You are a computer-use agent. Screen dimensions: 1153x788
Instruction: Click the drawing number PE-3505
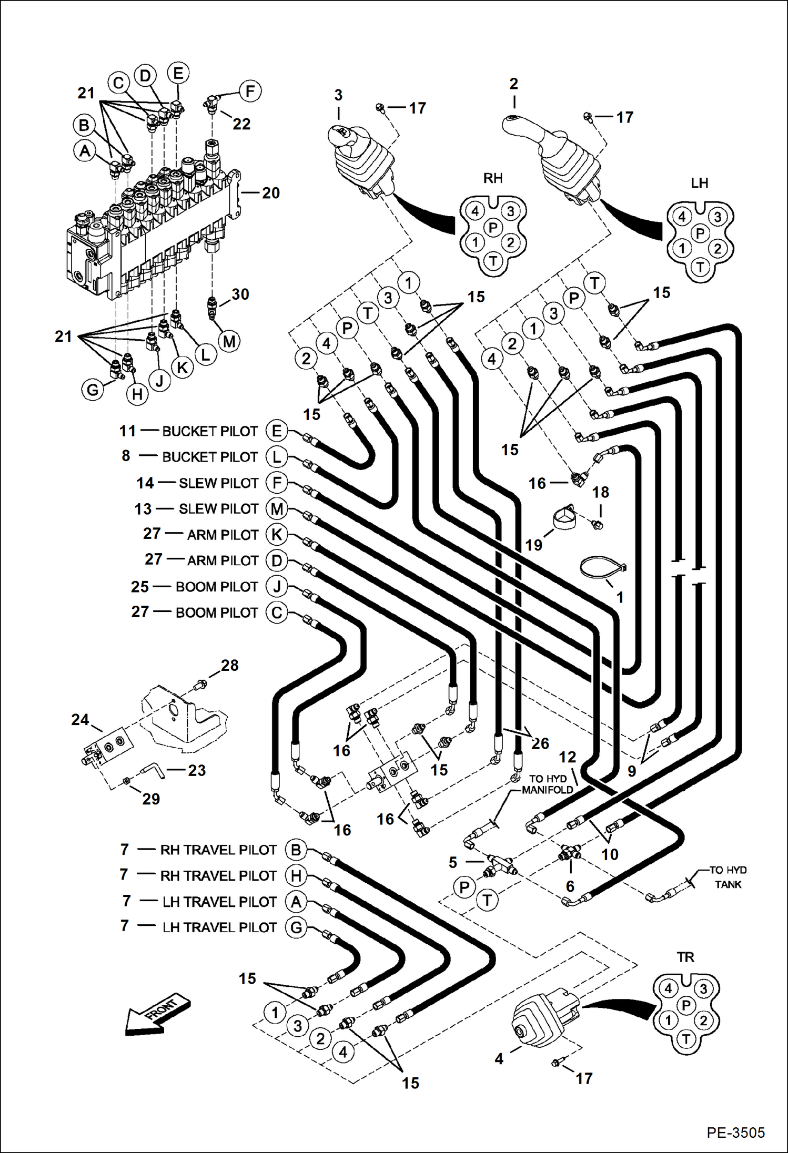(735, 1132)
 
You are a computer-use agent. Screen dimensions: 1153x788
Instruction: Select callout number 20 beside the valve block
(270, 193)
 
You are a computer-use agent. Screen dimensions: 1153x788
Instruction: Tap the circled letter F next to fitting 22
(250, 91)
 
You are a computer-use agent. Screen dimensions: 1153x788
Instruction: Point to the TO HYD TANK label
(728, 877)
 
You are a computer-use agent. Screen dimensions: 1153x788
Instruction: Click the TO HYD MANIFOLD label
(547, 784)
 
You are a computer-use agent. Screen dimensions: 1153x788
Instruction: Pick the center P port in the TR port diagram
(685, 1005)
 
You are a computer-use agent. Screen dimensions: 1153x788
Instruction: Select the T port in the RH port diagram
(493, 260)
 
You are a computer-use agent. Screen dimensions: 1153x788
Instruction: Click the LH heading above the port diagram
(699, 183)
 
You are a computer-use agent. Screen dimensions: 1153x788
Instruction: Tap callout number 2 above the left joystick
(513, 84)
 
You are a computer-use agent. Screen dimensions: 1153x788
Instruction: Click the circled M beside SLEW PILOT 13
(277, 509)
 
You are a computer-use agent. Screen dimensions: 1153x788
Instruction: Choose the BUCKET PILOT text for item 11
(209, 431)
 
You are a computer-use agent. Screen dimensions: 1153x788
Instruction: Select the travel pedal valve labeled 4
(542, 1015)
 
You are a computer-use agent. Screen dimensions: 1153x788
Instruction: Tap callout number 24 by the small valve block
(80, 720)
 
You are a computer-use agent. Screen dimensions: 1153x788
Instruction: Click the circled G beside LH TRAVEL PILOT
(296, 927)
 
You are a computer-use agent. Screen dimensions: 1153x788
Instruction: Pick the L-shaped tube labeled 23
(152, 769)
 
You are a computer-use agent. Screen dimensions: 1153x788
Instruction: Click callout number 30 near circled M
(240, 294)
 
